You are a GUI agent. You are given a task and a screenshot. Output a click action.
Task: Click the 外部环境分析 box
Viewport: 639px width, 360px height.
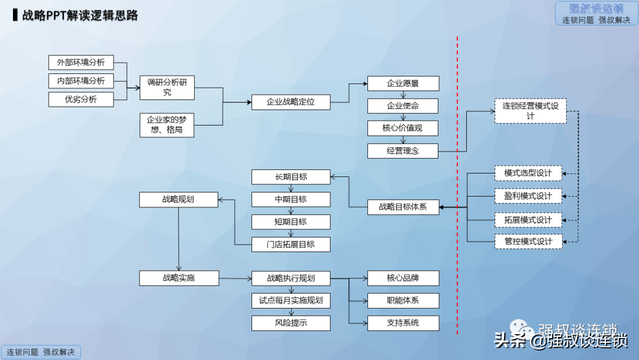tap(80, 62)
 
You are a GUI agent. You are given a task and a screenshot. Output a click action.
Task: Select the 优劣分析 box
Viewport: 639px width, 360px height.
tap(80, 99)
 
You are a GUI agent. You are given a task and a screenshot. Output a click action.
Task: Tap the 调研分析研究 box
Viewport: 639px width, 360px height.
tap(167, 87)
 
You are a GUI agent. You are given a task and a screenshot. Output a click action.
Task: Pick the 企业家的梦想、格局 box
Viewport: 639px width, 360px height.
tap(167, 125)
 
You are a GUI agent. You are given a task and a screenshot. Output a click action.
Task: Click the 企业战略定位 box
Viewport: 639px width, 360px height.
tap(291, 102)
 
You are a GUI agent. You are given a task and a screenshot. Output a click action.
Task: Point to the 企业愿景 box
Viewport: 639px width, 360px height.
tap(403, 83)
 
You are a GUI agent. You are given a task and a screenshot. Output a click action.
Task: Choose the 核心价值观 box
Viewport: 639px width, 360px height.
tap(403, 128)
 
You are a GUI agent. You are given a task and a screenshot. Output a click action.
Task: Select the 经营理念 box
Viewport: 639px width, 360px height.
tap(403, 151)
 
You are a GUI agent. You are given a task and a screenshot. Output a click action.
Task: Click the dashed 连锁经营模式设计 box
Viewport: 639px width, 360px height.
tap(531, 111)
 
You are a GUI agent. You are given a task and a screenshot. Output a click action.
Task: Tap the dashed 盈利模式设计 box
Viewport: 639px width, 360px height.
tap(528, 196)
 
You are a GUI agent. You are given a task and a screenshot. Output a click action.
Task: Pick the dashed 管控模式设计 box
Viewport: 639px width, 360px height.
tap(528, 242)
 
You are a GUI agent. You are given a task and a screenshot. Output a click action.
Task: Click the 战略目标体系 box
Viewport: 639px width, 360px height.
tap(403, 207)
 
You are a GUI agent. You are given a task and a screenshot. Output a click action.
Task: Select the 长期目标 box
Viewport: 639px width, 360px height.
tap(291, 177)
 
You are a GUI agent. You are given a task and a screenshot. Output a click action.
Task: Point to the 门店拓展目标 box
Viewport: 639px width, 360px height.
tap(291, 245)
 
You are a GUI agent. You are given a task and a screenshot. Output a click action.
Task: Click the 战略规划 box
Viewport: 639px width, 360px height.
tap(179, 200)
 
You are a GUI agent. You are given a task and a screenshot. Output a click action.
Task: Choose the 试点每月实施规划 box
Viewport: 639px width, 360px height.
tap(291, 301)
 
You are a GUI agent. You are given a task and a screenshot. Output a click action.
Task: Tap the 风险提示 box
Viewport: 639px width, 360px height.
tap(291, 323)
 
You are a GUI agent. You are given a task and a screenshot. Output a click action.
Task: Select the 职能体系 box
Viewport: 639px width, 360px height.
tap(403, 301)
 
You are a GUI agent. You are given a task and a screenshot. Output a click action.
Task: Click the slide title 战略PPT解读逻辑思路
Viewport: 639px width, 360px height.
tap(80, 15)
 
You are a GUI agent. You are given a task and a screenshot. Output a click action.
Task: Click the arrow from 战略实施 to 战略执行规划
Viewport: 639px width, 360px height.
tap(235, 278)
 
